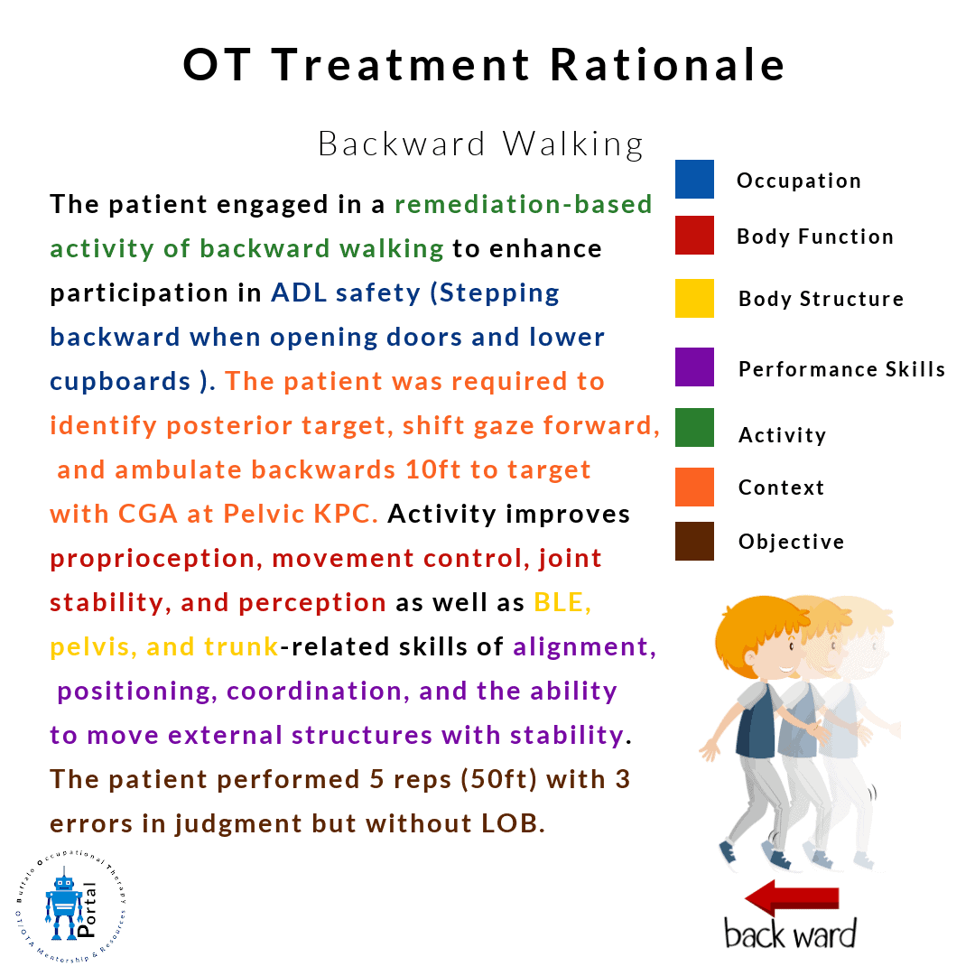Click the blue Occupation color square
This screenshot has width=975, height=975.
pos(694,179)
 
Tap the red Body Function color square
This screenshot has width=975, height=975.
pos(694,235)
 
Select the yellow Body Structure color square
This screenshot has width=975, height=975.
pos(694,299)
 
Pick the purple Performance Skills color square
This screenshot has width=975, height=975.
pos(694,367)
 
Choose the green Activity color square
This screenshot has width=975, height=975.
pos(694,427)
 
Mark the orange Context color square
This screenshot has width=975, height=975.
pos(694,487)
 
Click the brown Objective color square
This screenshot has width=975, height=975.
pos(694,541)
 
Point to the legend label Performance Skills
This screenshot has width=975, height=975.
pos(842,369)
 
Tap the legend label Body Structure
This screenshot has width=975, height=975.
pos(821,299)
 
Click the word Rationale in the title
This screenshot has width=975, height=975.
pos(668,65)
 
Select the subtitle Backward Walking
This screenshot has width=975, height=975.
pos(480,144)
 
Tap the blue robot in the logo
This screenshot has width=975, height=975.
pos(63,906)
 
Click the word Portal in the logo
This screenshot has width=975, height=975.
pos(87,909)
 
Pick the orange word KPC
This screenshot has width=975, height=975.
pos(346,515)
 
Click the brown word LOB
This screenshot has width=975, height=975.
pos(513,824)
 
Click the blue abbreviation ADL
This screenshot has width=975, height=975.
pos(299,292)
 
